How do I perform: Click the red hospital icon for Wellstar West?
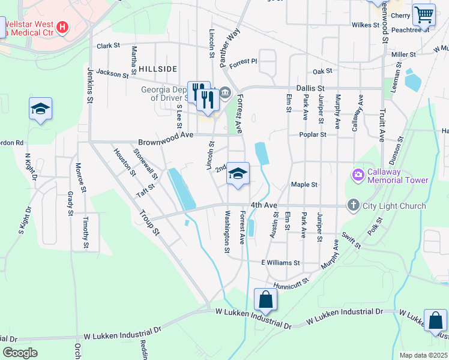[x=62, y=27]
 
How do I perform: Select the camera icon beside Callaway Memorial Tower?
[x=358, y=175]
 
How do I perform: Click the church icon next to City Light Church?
[x=353, y=206]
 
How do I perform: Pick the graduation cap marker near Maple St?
[x=238, y=175]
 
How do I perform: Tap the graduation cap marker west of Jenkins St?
[x=40, y=109]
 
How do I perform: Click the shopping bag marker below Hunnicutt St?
[x=265, y=299]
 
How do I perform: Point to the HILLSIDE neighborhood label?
[x=158, y=70]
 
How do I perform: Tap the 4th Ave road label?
[x=264, y=206]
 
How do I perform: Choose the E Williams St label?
[x=280, y=263]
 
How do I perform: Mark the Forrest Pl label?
[x=243, y=61]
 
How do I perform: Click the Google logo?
[x=20, y=353]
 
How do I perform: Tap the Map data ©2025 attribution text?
[x=423, y=355]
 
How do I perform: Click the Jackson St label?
[x=112, y=73]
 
